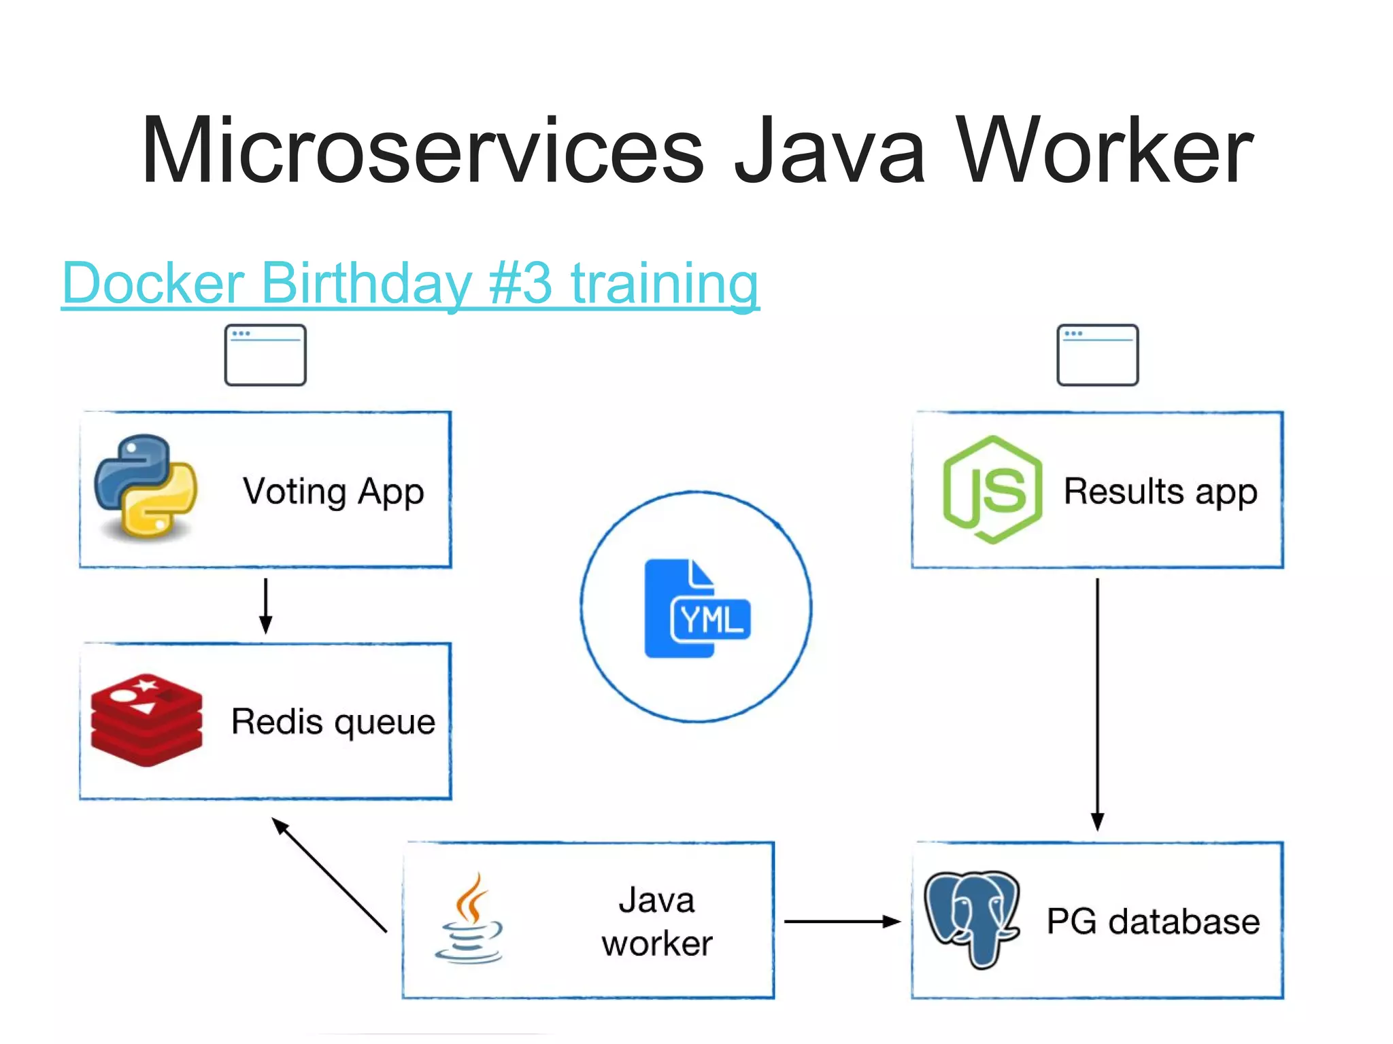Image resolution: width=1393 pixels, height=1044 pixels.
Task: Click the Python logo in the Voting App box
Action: coord(146,487)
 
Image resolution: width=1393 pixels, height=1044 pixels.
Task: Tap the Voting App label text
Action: coord(333,491)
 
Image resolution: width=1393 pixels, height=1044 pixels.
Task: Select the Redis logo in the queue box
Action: coord(146,720)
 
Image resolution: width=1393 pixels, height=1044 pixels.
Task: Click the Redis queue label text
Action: coord(333,721)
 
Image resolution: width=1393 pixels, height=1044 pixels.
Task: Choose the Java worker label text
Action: coord(657,921)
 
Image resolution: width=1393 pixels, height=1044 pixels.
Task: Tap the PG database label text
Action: coord(1153,922)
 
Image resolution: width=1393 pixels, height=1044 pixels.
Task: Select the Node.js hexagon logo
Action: coord(992,489)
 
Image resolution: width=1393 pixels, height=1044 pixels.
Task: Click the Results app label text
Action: coord(1160,491)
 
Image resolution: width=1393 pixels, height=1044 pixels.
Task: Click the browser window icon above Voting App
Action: coord(265,355)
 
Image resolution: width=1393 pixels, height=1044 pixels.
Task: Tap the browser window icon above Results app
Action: coord(1097,355)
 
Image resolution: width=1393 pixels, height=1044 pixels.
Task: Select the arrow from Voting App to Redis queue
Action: coord(266,605)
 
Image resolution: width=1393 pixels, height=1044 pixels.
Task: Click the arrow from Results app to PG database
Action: coord(1097,703)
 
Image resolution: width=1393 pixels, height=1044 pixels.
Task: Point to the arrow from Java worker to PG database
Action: coord(842,922)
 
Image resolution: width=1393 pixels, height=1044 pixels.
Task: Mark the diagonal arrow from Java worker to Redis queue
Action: coord(329,875)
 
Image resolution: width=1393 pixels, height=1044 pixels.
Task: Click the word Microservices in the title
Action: coord(422,151)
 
